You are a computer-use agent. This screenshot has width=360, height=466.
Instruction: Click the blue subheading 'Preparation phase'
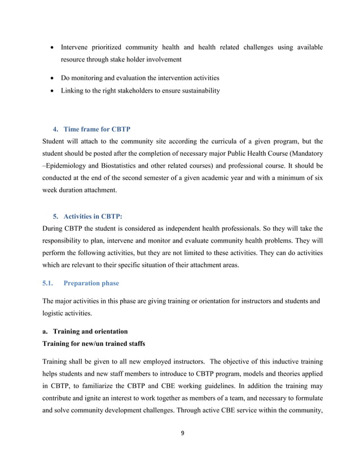tap(91, 283)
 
